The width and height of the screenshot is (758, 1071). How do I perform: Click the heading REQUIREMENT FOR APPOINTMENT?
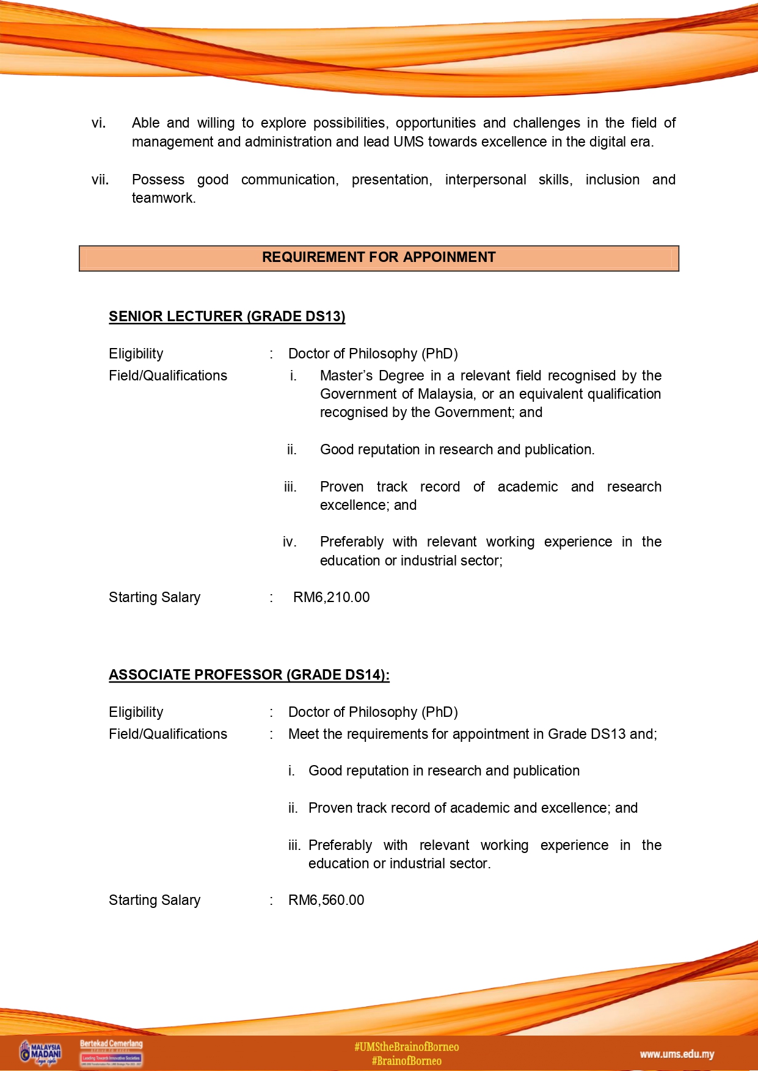379,258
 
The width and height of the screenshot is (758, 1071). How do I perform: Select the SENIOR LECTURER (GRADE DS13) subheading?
227,316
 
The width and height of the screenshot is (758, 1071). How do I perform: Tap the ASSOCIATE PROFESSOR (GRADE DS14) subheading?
249,675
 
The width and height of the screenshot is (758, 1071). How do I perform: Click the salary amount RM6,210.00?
331,597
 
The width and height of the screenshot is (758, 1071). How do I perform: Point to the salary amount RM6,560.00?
326,900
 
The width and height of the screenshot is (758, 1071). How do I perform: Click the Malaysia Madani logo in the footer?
41,1053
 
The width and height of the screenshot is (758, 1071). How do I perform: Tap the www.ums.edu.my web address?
677,1054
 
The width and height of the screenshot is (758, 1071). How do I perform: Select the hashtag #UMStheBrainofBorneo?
406,1047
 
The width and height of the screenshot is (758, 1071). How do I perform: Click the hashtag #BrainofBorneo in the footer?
406,1061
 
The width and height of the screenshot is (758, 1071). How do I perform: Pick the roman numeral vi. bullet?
98,123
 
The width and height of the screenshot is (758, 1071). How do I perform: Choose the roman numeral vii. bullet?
100,180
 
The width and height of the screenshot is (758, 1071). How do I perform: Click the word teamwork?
164,198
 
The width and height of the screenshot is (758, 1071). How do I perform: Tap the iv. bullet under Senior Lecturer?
290,542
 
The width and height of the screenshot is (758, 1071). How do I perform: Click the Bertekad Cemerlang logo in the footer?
111,1053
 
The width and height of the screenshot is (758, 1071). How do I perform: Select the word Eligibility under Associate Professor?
136,712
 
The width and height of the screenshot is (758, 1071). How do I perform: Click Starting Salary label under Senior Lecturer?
155,597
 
